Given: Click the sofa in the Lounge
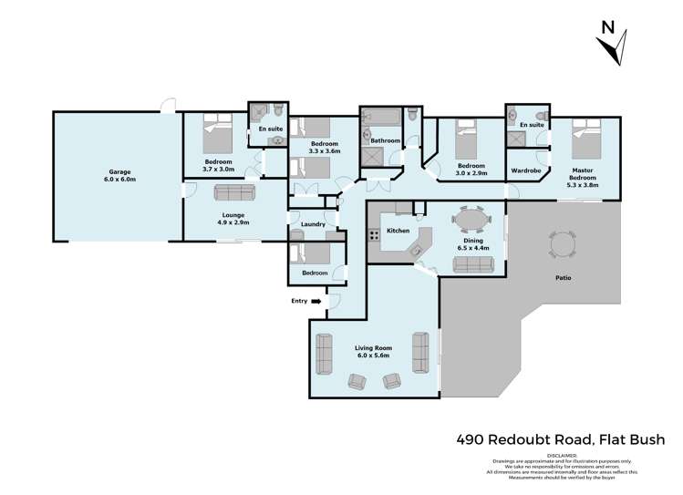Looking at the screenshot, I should (235, 192).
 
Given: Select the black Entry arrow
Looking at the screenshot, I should (316, 300).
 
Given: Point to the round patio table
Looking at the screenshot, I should (562, 244).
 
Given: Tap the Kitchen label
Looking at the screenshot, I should (398, 231).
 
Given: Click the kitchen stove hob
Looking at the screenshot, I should (374, 235).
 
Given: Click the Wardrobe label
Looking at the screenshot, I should (527, 170).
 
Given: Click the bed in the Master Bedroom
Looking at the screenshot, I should (585, 142).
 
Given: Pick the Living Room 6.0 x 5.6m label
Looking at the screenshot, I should (372, 351).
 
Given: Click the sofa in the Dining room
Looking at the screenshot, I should (472, 264).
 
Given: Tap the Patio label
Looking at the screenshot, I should (563, 277).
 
